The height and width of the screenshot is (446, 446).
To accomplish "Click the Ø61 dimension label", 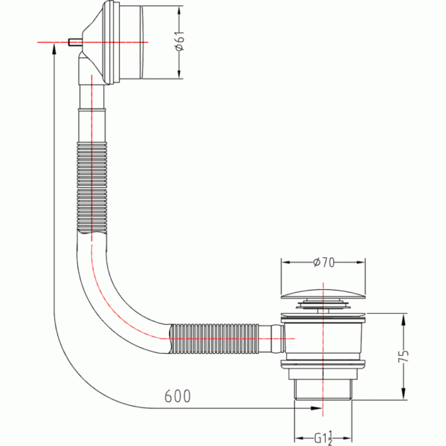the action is [x=180, y=40].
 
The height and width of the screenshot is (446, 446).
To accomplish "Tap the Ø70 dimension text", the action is [x=323, y=262].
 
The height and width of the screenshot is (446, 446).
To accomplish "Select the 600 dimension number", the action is [x=178, y=396].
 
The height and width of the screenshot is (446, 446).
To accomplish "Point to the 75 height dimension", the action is [x=404, y=356].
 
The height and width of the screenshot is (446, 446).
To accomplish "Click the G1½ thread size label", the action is [x=323, y=438].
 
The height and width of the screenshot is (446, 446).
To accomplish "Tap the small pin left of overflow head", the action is [x=75, y=42].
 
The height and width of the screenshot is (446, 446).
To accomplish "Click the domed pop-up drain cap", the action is [x=323, y=294].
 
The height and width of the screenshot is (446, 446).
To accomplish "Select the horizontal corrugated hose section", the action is [x=215, y=338].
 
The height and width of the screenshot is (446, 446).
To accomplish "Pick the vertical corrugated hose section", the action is [x=92, y=188].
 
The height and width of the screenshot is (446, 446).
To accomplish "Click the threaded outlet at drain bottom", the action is [x=323, y=390].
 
